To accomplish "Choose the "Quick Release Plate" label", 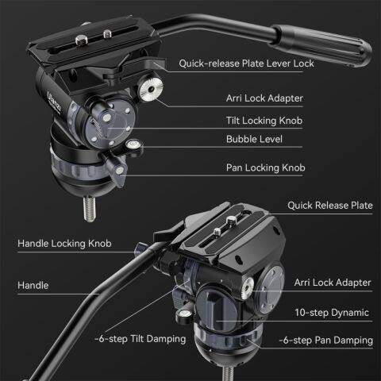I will (x=329, y=206).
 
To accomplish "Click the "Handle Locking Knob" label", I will (x=64, y=244).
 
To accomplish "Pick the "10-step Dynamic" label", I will (x=333, y=313).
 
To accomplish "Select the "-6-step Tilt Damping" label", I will (x=140, y=338).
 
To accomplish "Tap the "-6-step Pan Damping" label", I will (x=325, y=340).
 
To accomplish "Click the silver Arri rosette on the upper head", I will (x=148, y=91).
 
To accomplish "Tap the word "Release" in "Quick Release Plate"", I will (x=328, y=206).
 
